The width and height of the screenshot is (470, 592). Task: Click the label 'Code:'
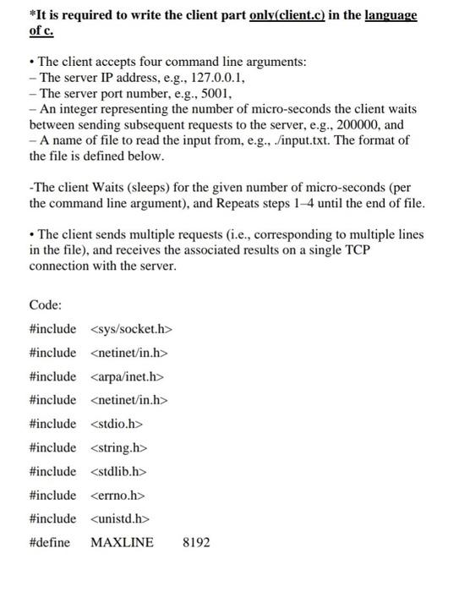[x=46, y=304]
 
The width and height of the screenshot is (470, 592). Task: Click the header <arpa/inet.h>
[x=127, y=376]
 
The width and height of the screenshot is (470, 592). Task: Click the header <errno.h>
[x=117, y=495]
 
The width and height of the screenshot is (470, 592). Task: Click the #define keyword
[x=50, y=542]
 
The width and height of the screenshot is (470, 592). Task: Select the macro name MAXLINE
[x=122, y=542]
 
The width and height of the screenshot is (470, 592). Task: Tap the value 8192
[x=196, y=542]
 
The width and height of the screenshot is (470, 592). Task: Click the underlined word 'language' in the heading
[x=391, y=15]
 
